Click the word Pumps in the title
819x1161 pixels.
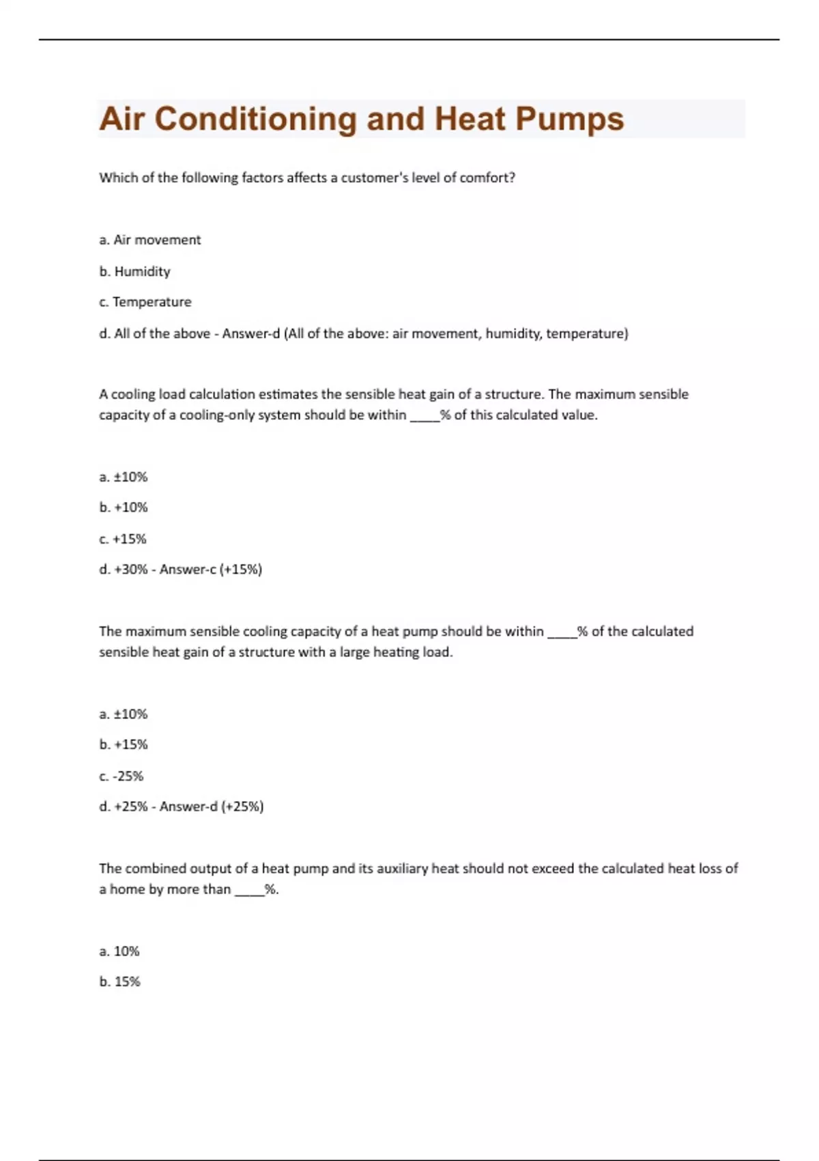point(569,120)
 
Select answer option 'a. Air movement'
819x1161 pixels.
point(150,240)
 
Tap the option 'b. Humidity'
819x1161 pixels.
point(134,271)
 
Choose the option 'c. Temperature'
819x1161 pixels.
point(145,302)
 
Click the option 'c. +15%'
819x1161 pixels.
point(123,539)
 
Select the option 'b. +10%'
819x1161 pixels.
point(124,507)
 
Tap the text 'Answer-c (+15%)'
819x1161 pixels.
point(211,570)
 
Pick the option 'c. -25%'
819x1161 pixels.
point(121,776)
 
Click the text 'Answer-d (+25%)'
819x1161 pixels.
point(212,807)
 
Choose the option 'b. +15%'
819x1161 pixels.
point(124,744)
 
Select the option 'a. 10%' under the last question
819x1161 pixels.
point(119,951)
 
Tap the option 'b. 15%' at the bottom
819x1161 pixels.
point(119,981)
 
